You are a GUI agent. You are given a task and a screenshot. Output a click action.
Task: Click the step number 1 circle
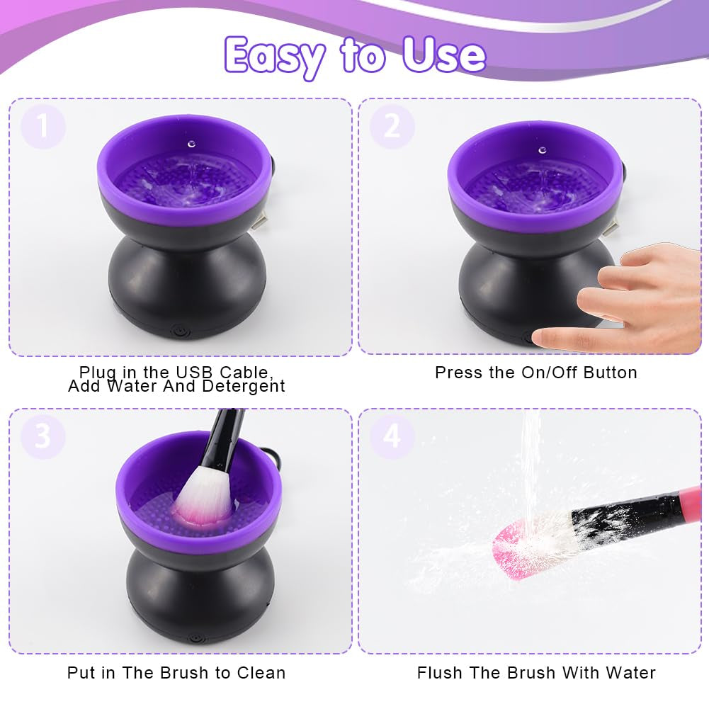click(x=42, y=127)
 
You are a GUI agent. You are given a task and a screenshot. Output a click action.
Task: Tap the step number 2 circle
click(x=392, y=127)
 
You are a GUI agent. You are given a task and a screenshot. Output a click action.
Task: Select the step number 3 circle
click(x=42, y=436)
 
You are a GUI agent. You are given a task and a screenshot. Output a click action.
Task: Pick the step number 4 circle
click(x=392, y=436)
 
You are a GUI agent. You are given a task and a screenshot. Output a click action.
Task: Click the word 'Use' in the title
click(x=444, y=54)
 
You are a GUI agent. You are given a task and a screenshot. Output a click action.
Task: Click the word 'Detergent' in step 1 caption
click(x=244, y=387)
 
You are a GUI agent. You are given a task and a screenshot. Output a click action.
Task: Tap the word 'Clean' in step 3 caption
click(x=261, y=673)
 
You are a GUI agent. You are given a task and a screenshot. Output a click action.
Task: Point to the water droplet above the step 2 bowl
click(x=542, y=150)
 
